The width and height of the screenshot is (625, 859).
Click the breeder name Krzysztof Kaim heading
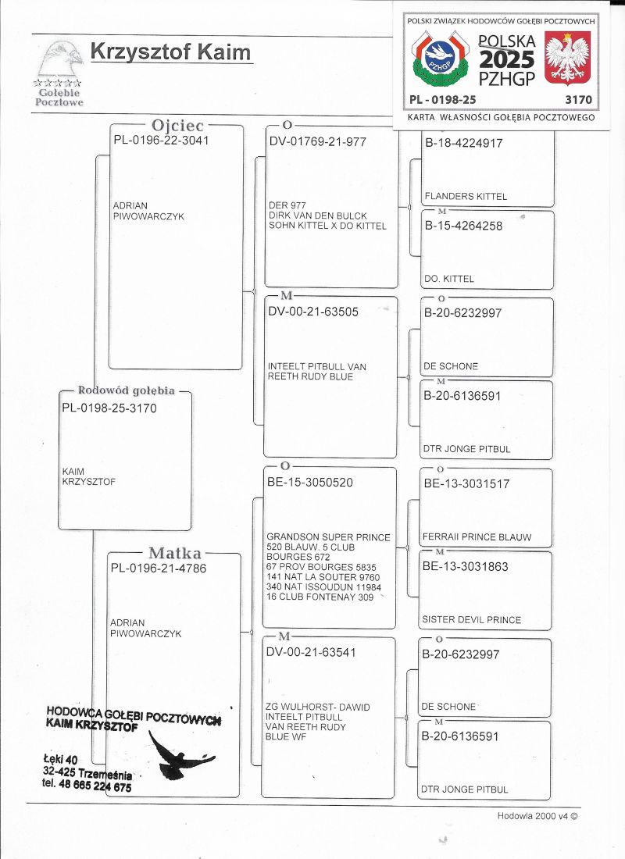(171, 52)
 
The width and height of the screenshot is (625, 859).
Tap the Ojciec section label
(177, 125)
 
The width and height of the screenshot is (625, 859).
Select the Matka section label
(175, 554)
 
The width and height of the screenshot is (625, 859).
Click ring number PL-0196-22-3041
(162, 141)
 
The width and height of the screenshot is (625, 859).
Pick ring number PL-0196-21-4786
(159, 569)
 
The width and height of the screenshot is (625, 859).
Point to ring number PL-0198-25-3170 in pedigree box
(109, 408)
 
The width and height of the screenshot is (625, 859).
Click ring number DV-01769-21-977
(316, 142)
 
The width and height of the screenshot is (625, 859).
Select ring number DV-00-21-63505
(313, 312)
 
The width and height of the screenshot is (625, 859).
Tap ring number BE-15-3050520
(310, 483)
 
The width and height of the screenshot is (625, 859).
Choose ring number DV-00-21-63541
(312, 652)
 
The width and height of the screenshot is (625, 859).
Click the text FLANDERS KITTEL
(466, 196)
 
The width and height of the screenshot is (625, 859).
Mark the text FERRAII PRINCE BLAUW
(477, 536)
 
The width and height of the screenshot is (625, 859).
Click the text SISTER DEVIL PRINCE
(471, 620)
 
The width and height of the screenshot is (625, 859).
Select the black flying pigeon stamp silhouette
(180, 756)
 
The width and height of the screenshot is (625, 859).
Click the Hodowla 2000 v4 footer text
(537, 816)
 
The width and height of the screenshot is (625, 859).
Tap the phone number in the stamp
(87, 786)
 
